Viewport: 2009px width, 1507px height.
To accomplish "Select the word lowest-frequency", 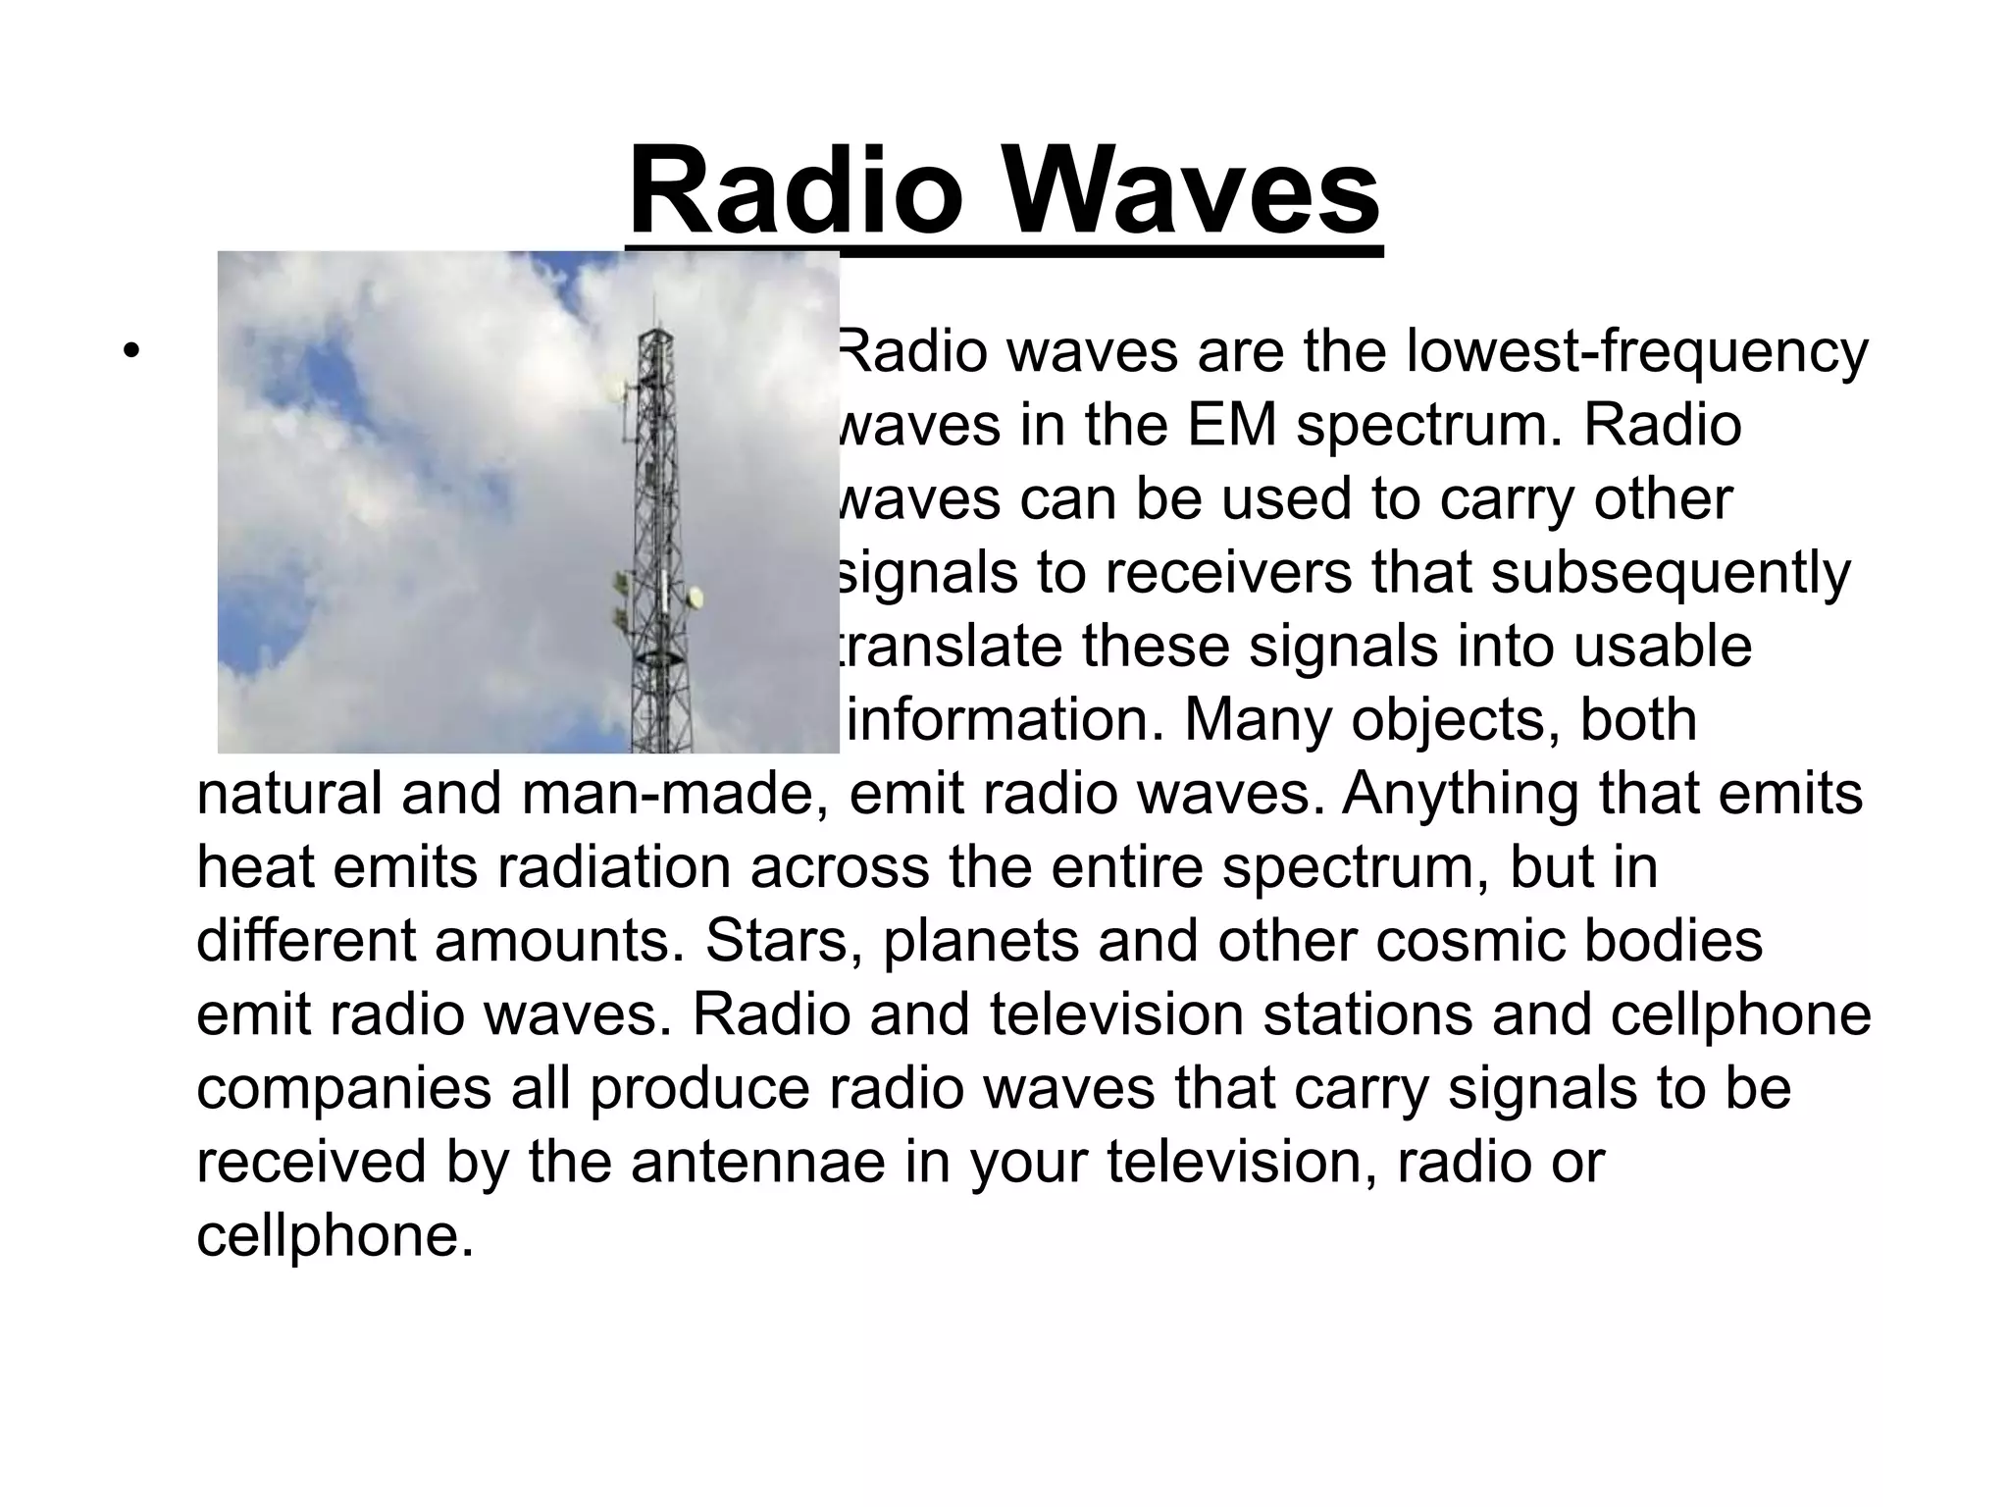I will (1636, 353).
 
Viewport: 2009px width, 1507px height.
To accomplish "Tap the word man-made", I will (676, 794).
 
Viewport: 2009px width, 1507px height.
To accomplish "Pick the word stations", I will (1367, 1014).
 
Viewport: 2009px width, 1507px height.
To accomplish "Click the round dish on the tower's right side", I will (695, 596).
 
